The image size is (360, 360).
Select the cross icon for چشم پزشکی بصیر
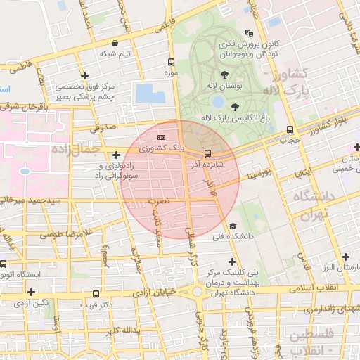coord(84,75)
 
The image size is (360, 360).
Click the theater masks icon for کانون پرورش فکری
coord(248,33)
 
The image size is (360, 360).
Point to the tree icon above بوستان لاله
coord(224,74)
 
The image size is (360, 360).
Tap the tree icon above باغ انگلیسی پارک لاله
coord(234,106)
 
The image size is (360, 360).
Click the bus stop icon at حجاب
coord(290,129)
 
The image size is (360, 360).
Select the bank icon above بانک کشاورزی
coord(162,137)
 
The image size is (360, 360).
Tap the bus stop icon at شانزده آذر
coord(207,153)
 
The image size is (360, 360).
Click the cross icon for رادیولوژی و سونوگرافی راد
coord(116,154)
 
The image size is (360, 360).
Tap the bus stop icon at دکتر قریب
coord(96,294)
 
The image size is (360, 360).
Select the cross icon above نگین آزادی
coord(31,291)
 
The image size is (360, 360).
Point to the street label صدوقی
coord(105,128)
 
